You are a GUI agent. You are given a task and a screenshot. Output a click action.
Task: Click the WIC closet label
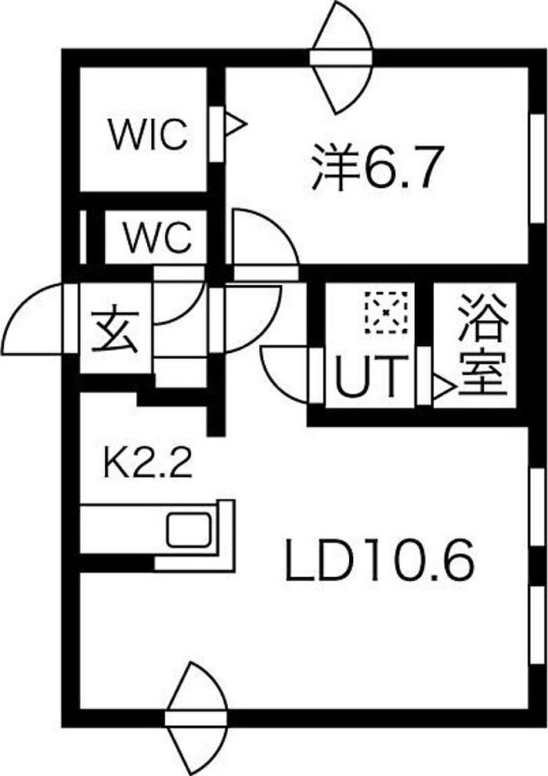click(149, 134)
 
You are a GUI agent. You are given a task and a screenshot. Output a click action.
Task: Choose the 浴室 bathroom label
click(483, 345)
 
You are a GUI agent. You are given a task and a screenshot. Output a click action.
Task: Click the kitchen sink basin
click(189, 530)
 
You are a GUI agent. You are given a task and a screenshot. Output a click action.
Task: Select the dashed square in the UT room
click(386, 312)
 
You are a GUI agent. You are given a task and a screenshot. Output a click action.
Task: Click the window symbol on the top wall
click(341, 57)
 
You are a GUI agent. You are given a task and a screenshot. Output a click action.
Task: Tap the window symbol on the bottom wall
click(196, 719)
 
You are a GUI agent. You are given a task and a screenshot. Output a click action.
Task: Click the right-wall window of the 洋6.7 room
click(536, 169)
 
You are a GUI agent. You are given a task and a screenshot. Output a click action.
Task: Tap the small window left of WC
click(84, 237)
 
